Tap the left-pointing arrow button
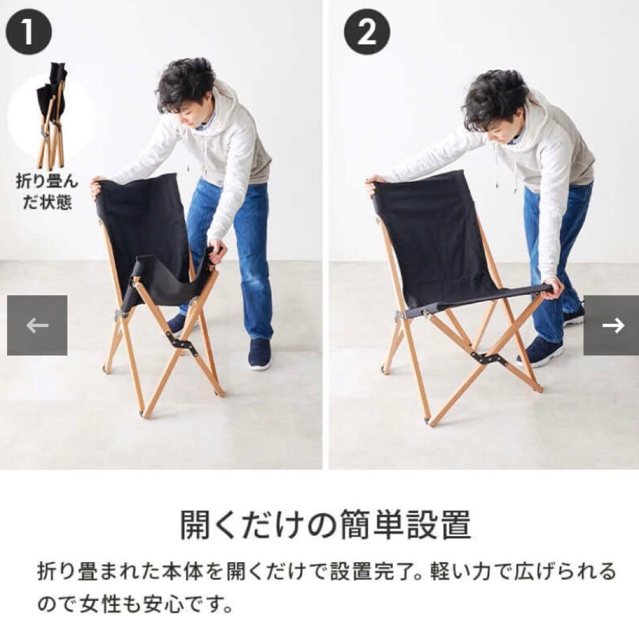pos(37,325)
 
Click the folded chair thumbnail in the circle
pos(51,115)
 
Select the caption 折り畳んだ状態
pos(47,192)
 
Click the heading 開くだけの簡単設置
pos(325,524)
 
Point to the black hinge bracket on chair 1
pos(182,343)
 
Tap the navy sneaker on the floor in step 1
pos(260,354)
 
